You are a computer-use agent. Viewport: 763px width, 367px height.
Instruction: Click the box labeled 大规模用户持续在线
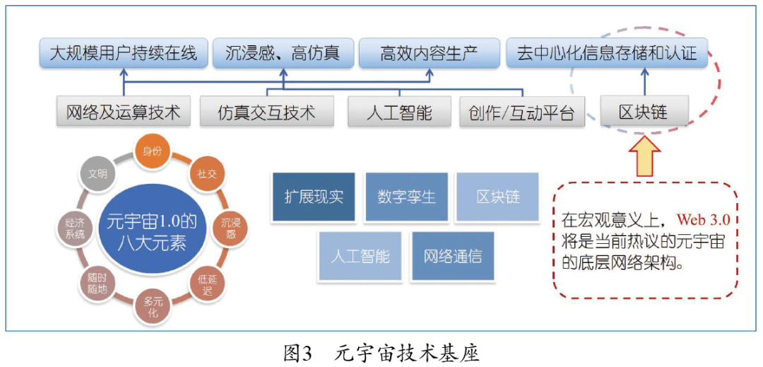[124, 53]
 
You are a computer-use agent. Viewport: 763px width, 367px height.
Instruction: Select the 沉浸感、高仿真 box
[283, 53]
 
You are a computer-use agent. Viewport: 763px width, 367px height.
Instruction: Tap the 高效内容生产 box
[428, 53]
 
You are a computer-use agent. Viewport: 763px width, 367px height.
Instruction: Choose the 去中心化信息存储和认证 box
[606, 53]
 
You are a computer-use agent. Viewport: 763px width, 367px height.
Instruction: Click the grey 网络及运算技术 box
[124, 112]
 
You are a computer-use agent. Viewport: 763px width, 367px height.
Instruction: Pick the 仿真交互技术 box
[266, 112]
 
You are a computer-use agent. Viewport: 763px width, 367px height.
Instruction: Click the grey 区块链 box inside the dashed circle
[643, 112]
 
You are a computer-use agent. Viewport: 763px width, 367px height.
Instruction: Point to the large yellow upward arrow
[644, 155]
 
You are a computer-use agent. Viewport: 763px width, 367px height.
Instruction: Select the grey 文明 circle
[98, 174]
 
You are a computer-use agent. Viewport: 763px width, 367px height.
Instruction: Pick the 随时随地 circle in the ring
[97, 281]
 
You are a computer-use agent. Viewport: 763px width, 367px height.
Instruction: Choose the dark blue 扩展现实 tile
[314, 197]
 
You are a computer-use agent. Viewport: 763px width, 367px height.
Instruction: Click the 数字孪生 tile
[406, 197]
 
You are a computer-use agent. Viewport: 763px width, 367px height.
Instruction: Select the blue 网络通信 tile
[452, 255]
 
